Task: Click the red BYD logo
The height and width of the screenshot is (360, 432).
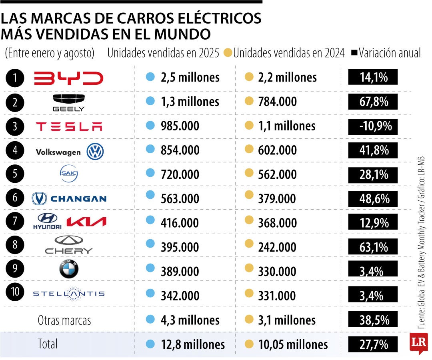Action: point(68,78)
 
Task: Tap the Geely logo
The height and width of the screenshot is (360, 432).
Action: point(69,102)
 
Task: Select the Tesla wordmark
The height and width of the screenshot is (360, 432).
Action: point(69,127)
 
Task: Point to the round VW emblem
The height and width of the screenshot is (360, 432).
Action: point(96,152)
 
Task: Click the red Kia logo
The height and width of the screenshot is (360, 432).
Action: point(86,222)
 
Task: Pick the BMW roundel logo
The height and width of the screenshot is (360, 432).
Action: point(69,270)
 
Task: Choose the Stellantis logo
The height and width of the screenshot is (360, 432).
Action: point(69,294)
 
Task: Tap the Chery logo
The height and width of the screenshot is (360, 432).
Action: point(69,245)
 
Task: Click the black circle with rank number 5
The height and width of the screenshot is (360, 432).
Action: point(15,174)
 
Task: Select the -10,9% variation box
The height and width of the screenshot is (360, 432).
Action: point(373,127)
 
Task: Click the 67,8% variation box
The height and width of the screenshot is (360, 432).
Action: point(373,102)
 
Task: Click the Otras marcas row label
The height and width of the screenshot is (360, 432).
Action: point(64,320)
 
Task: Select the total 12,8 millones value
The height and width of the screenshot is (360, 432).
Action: point(191,344)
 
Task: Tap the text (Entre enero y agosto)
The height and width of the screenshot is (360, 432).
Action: point(50,53)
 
